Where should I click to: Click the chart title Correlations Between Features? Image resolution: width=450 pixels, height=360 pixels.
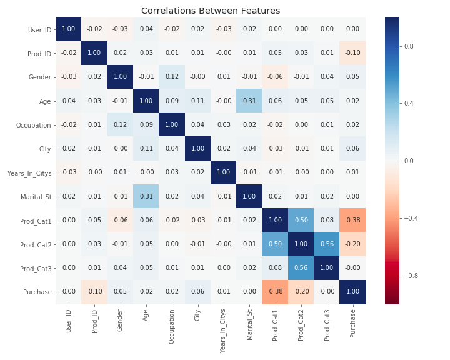point(211,11)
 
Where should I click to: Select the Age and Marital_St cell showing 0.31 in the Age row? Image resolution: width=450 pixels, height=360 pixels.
point(249,101)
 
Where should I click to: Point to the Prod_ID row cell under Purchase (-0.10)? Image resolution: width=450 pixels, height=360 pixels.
point(352,53)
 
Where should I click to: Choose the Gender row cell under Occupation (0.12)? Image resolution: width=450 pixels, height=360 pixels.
point(172,77)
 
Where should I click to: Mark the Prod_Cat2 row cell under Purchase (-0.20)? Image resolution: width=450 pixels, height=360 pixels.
point(352,244)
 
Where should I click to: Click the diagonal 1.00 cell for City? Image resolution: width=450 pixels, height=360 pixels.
point(197,149)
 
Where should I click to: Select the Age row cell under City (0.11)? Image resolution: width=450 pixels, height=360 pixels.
point(197,101)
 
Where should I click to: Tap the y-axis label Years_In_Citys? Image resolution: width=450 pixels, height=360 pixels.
point(31,172)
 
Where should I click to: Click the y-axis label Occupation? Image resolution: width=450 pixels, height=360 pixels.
point(34,125)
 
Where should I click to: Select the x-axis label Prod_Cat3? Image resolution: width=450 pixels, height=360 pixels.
point(327,323)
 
